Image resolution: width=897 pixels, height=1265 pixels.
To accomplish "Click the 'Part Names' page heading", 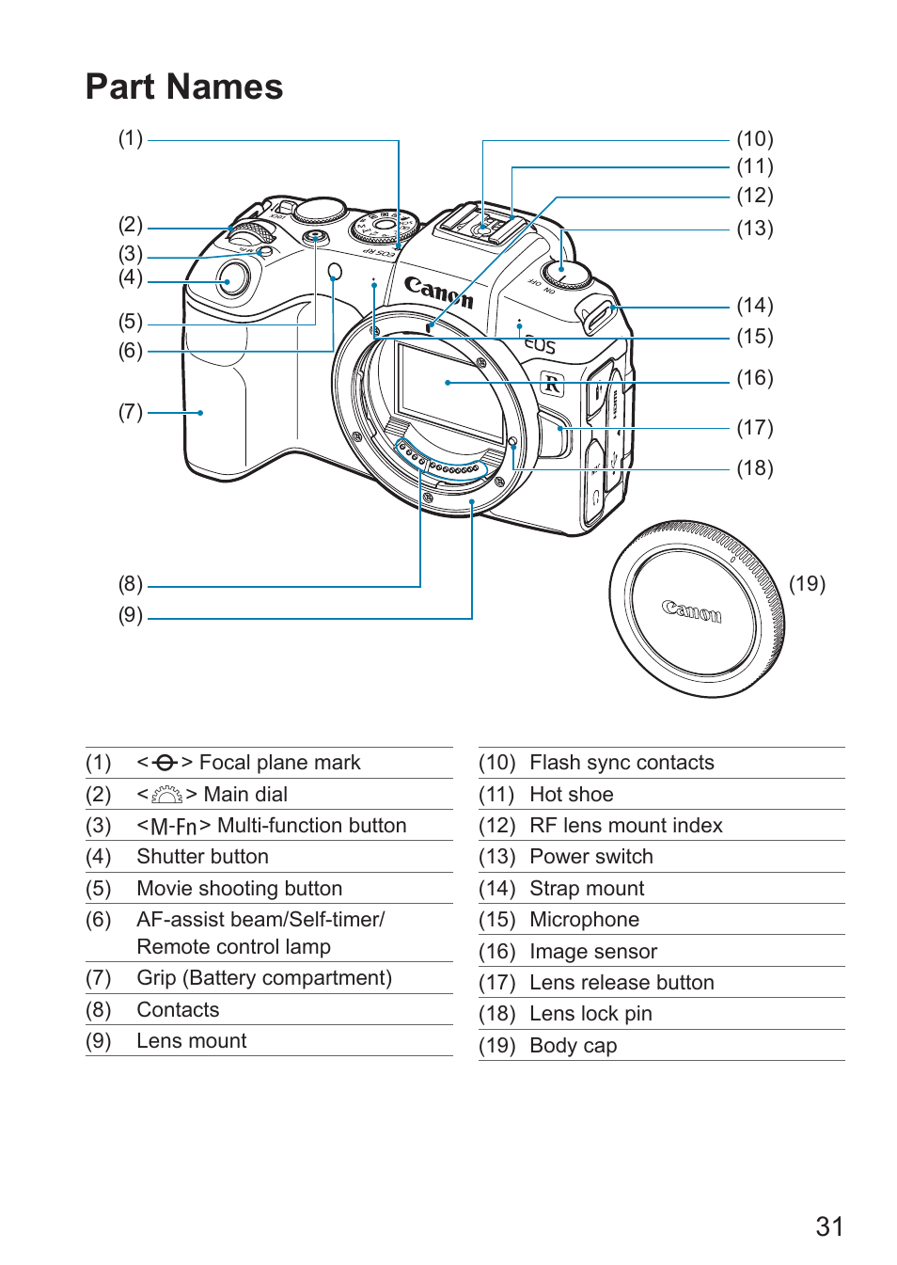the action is [184, 87].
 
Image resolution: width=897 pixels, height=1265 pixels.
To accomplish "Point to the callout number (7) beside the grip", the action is [131, 412].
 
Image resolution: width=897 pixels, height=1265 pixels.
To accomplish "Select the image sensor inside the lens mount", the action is [450, 392].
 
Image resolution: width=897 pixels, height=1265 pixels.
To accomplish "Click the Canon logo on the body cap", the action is [691, 611].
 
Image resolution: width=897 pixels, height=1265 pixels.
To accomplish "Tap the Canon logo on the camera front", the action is [438, 292].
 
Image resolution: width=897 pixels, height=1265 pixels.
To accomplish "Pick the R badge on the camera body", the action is [553, 383].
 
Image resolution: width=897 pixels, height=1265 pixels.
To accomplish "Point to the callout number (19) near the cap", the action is [807, 583].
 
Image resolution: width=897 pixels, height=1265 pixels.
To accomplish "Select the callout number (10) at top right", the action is [755, 138].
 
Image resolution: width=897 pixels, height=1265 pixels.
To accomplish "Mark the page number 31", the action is [829, 1227].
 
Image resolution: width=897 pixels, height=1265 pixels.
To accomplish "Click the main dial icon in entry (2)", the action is [166, 795].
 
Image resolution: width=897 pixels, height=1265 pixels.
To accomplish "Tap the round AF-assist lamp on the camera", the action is [335, 272].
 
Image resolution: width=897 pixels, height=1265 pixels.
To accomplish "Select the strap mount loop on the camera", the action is [597, 316].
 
